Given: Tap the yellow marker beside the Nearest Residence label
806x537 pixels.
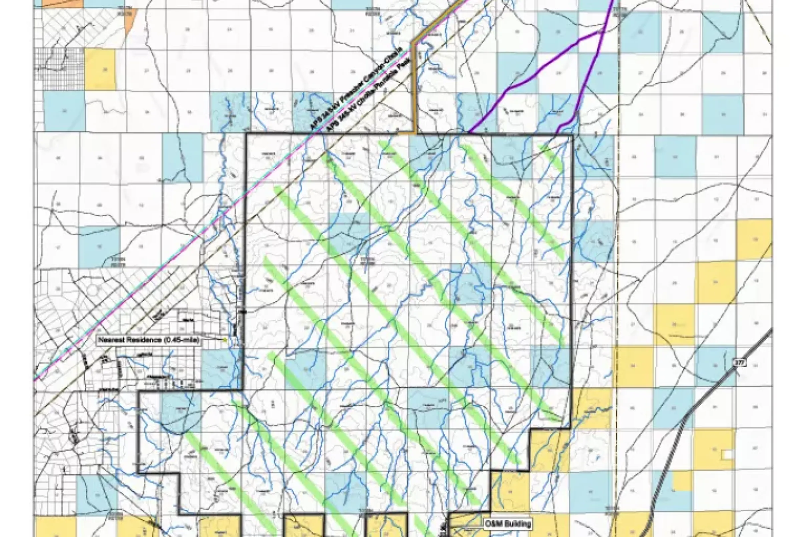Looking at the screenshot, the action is (x=225, y=340).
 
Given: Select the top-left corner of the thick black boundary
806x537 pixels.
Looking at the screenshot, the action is (x=247, y=133).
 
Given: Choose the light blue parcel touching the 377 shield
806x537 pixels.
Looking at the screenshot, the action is (x=716, y=368).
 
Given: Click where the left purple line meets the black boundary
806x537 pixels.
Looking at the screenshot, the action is (x=469, y=133).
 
